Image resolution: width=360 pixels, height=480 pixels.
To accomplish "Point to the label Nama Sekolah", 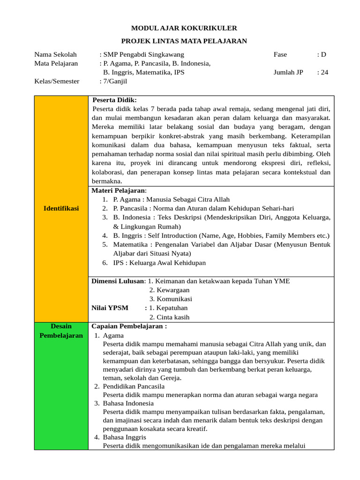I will (x=55, y=54).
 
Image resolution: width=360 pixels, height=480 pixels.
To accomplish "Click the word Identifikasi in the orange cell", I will (x=61, y=208).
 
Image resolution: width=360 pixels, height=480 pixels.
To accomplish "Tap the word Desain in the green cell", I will (x=61, y=326).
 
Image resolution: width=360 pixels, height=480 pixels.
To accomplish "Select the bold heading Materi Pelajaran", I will (x=119, y=190).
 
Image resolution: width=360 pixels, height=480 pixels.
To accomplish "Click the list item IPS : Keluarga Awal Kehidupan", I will (x=159, y=262).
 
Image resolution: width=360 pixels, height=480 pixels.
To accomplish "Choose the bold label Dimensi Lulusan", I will (x=118, y=281).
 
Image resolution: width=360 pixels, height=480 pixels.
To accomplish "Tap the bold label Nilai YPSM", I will (x=110, y=308).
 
